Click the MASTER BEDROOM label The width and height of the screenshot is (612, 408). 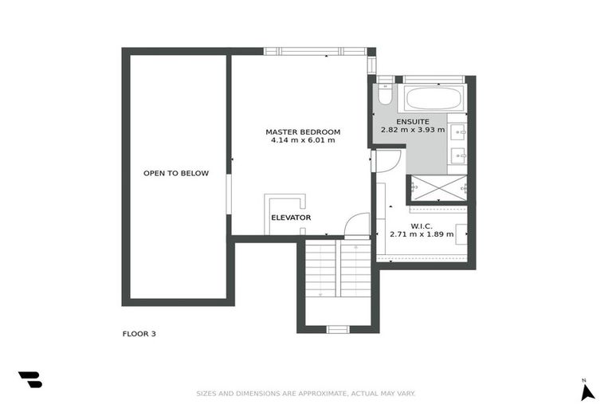click(x=303, y=131)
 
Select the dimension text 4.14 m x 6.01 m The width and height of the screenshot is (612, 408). click(x=303, y=140)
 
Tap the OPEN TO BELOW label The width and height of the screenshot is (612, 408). click(x=176, y=173)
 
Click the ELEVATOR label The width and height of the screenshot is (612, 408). click(x=291, y=218)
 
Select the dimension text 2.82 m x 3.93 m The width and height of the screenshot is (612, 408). click(x=413, y=129)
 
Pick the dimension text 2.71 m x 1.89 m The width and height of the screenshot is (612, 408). click(x=422, y=234)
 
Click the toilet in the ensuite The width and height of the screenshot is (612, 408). click(x=385, y=95)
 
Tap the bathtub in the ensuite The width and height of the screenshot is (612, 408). click(x=433, y=100)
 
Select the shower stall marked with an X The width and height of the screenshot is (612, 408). click(x=437, y=187)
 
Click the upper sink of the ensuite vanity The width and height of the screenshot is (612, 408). click(x=458, y=132)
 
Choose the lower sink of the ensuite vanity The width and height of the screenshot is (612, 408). click(x=458, y=155)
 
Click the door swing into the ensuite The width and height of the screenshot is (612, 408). click(x=387, y=161)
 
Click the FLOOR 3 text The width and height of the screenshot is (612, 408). click(x=139, y=334)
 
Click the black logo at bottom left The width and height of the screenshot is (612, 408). click(x=29, y=380)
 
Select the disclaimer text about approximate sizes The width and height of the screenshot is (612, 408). click(x=306, y=393)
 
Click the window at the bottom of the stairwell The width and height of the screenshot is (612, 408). click(x=338, y=328)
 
